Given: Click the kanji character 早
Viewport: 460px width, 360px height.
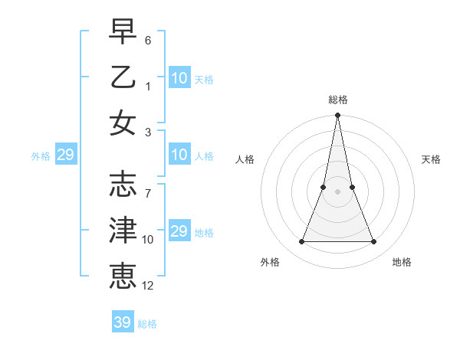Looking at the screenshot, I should coord(123,31).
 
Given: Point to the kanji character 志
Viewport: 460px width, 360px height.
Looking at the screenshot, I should coord(123,184).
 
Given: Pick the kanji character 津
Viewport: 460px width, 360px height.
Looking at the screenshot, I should coord(123,230).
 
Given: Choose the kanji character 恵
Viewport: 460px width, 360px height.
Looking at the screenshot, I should coord(123,275).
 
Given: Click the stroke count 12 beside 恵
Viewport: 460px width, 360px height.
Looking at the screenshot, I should coord(148,285).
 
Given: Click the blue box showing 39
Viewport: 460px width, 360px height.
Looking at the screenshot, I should coord(122,322).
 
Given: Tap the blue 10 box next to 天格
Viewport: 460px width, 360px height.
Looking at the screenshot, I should coord(179,78).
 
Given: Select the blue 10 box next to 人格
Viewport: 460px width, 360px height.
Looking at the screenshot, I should coord(179,155).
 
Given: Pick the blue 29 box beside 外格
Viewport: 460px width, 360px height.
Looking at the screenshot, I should coord(65,155).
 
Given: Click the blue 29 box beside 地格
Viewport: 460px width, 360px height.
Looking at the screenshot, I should coord(179,231).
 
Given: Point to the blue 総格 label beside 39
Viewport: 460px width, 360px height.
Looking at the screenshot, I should coord(147,324).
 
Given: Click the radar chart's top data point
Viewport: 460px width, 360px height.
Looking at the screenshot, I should coord(337,116).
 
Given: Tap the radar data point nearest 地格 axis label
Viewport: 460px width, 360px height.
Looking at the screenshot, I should coord(373,242).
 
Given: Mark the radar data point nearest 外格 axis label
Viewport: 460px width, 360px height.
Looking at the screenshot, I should coord(301,242).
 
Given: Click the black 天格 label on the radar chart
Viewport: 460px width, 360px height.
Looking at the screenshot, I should coord(431,159).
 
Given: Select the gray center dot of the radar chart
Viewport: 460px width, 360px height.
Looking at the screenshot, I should coord(337,191).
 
